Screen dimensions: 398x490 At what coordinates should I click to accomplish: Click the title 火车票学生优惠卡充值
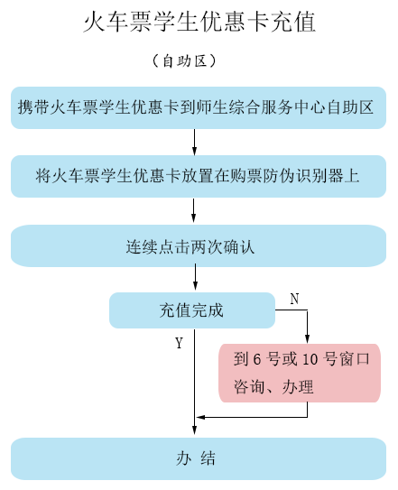pyautogui.click(x=199, y=22)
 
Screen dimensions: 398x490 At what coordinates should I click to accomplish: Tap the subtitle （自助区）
pyautogui.click(x=184, y=61)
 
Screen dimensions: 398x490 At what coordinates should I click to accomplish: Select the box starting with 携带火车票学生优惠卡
pyautogui.click(x=199, y=107)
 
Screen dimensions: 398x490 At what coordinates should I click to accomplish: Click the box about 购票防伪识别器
pyautogui.click(x=199, y=176)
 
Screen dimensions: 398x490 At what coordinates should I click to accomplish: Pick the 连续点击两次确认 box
pyautogui.click(x=199, y=246)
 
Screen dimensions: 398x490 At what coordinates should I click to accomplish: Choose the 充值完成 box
pyautogui.click(x=192, y=310)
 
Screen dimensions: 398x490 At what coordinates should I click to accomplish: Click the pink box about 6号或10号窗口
pyautogui.click(x=300, y=373)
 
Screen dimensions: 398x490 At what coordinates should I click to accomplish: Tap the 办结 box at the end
pyautogui.click(x=199, y=458)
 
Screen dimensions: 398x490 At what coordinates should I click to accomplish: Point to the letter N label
pyautogui.click(x=294, y=299)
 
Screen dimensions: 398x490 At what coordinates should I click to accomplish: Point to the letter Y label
pyautogui.click(x=179, y=343)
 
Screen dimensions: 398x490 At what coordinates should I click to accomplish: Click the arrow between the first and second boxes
pyautogui.click(x=194, y=143)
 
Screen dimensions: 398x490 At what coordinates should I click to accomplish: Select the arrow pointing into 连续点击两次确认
pyautogui.click(x=193, y=210)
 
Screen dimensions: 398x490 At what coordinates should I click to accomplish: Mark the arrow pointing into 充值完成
pyautogui.click(x=195, y=277)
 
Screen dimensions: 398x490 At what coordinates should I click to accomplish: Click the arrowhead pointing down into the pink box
pyautogui.click(x=308, y=339)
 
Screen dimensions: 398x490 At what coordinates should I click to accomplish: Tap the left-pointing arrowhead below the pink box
pyautogui.click(x=200, y=417)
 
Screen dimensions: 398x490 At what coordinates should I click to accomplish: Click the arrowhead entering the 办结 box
pyautogui.click(x=194, y=430)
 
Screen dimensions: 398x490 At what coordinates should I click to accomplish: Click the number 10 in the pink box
pyautogui.click(x=310, y=359)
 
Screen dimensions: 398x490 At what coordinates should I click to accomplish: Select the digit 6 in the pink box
pyautogui.click(x=257, y=359)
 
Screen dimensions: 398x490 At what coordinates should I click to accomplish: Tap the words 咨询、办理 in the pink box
pyautogui.click(x=273, y=387)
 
